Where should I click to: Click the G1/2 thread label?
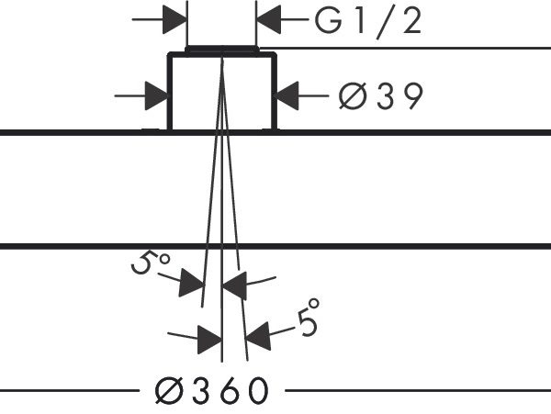pos(368,21)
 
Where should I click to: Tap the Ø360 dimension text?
pos(210,391)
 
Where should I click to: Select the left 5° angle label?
pos(150,266)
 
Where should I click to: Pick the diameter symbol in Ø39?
pos(351,95)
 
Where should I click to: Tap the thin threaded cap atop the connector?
pos(221,48)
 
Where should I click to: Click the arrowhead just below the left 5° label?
pos(192,285)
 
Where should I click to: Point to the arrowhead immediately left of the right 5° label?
pos(258,337)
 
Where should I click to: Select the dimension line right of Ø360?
pos(413,391)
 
